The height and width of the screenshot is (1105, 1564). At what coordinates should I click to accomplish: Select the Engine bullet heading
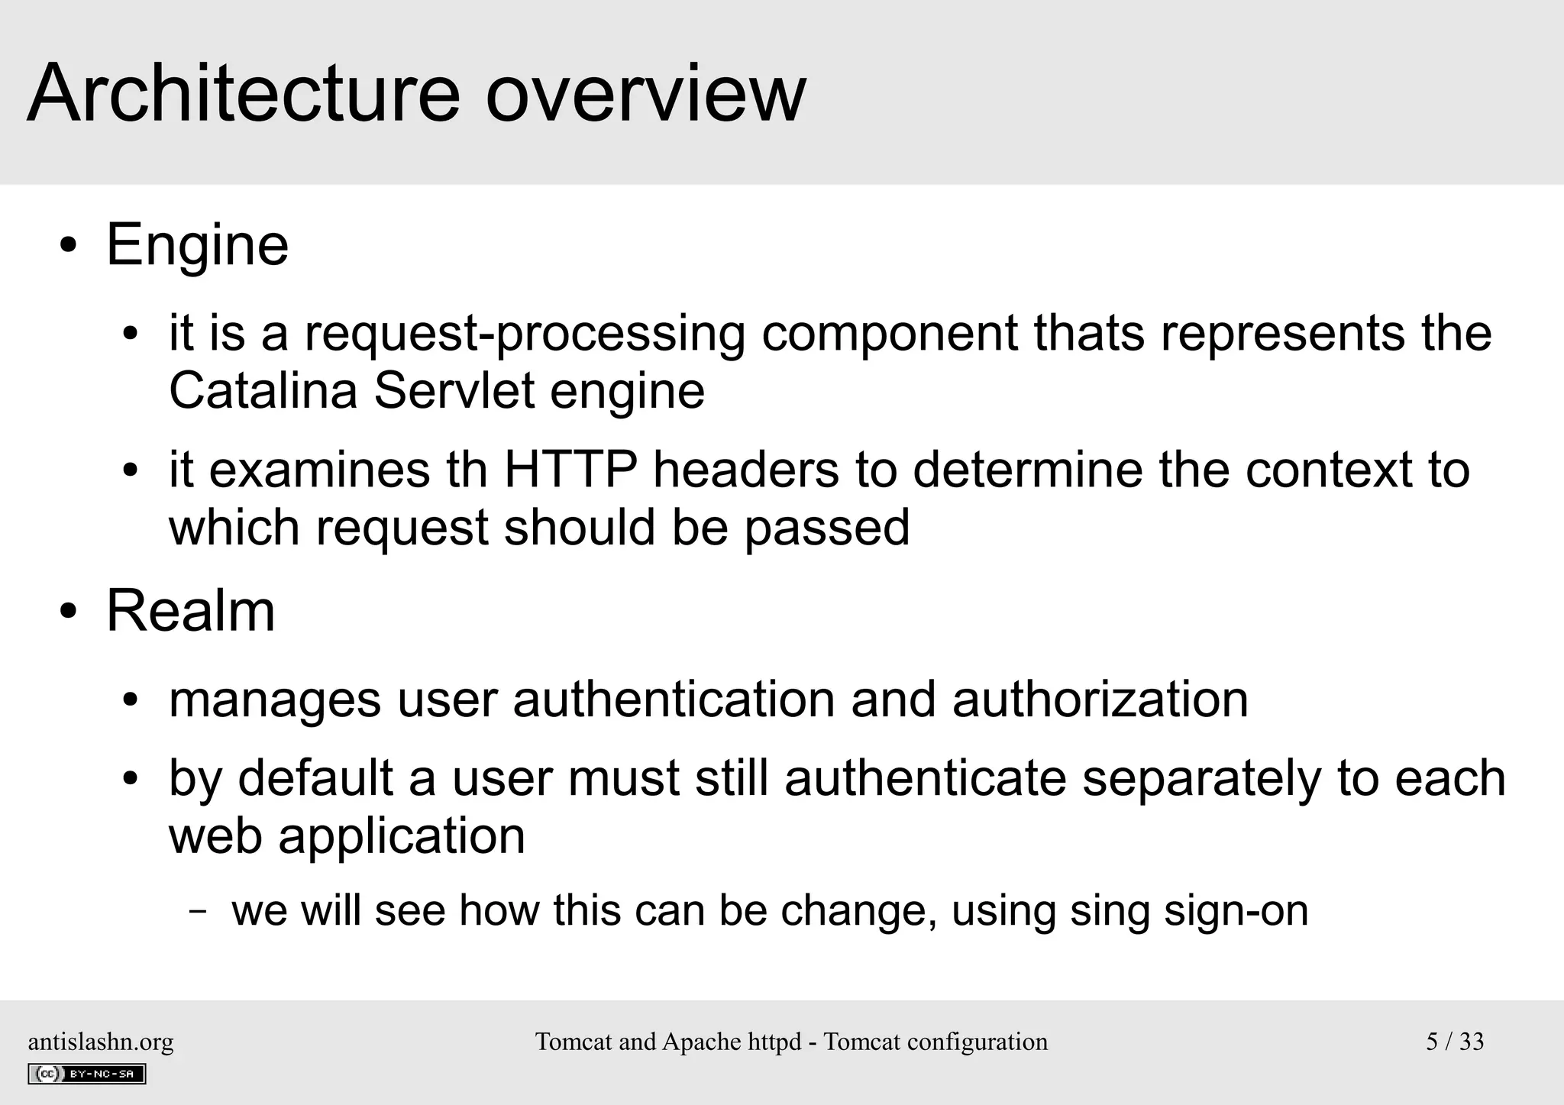tap(197, 245)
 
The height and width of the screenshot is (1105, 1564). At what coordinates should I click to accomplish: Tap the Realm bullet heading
tap(190, 612)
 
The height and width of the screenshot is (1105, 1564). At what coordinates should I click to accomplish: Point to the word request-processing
tap(525, 334)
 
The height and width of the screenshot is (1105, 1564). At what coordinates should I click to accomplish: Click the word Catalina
tap(263, 391)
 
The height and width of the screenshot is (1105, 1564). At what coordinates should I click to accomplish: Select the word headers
tap(745, 470)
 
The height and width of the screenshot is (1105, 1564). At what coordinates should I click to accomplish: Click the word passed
tap(827, 528)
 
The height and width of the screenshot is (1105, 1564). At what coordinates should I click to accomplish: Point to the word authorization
tap(1100, 700)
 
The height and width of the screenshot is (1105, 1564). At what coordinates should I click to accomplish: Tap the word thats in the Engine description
tap(1089, 334)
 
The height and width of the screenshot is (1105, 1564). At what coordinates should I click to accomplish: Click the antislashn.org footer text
tap(101, 1042)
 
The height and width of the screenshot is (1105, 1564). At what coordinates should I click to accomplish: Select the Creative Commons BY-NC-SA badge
tap(86, 1074)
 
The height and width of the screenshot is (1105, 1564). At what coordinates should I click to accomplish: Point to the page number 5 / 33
tap(1454, 1042)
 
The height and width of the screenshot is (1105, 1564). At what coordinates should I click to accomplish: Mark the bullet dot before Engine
tap(69, 247)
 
